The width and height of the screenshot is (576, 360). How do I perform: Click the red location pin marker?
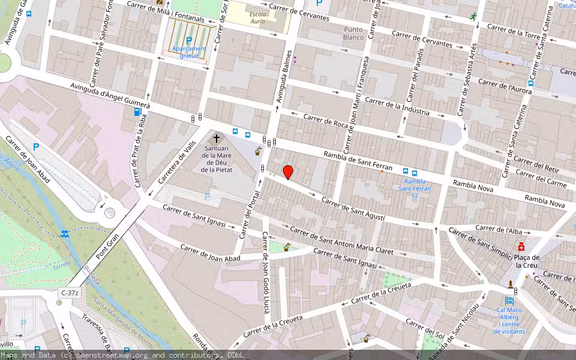point(288,172)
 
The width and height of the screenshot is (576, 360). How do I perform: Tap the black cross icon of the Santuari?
point(217,139)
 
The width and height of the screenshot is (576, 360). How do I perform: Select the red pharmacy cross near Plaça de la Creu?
point(522,247)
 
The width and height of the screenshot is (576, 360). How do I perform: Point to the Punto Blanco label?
point(354,33)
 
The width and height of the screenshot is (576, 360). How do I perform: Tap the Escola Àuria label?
point(258,17)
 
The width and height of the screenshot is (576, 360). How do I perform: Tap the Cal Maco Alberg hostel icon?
point(509,301)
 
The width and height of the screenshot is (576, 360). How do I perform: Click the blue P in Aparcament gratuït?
point(188,40)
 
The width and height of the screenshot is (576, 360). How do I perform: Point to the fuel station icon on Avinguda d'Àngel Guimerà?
point(137,112)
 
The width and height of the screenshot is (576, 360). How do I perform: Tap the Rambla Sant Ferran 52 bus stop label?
point(415,188)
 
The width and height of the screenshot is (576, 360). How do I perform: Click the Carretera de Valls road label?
point(177,167)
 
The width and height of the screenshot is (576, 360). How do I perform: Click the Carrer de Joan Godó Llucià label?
point(265,282)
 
